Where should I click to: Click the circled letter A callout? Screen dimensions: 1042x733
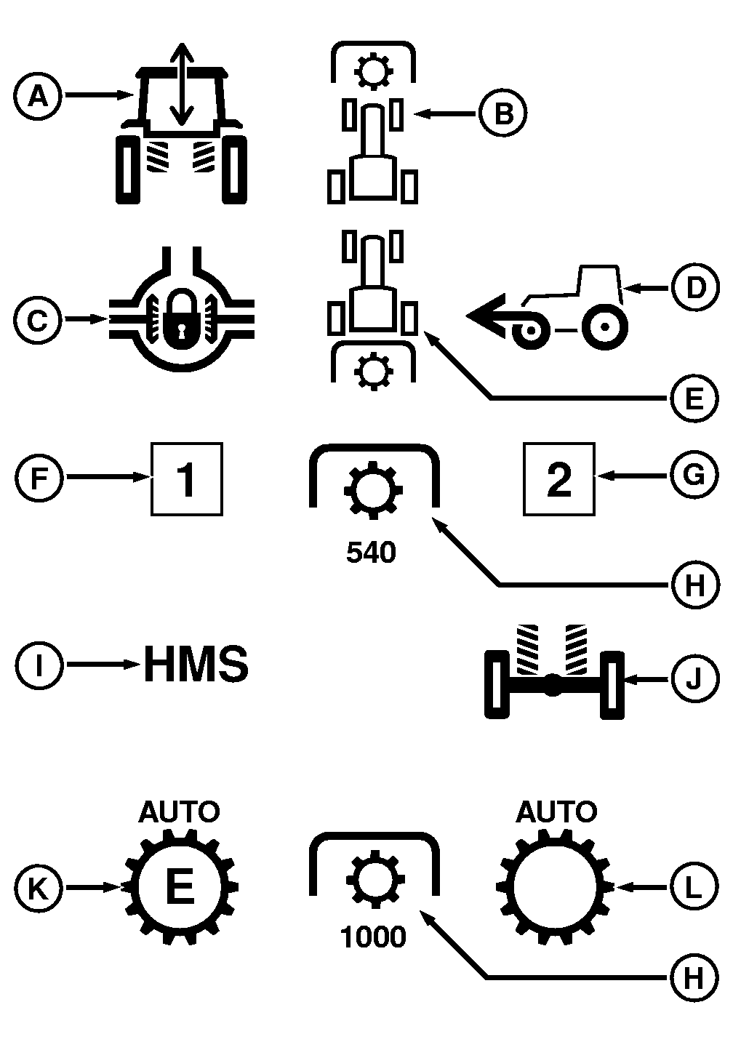pos(37,95)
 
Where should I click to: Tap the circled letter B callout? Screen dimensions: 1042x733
pos(502,113)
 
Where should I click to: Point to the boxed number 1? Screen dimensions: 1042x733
pos(187,479)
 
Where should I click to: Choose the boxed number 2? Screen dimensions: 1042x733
pos(558,479)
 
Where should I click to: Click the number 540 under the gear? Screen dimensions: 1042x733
pos(371,553)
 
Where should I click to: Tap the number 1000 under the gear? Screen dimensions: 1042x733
pos(373,937)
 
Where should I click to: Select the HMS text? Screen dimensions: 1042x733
pos(196,665)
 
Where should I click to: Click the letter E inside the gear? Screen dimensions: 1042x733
pos(180,887)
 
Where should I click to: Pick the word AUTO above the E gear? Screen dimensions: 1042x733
pos(179,811)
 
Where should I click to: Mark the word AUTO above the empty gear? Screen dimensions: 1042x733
pos(556,811)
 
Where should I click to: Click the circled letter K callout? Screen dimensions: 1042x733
pos(37,888)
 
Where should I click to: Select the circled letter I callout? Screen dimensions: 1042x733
pos(37,665)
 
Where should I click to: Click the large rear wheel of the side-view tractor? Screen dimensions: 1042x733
pos(604,327)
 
